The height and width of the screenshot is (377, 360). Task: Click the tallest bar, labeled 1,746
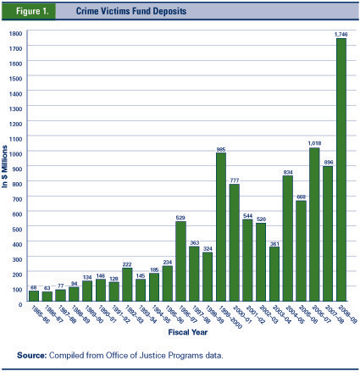click(x=341, y=169)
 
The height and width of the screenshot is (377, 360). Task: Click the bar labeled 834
click(x=287, y=238)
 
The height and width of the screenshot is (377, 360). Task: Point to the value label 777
click(x=234, y=180)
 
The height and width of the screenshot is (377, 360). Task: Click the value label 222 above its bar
click(x=127, y=263)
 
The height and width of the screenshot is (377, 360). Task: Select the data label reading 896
click(x=328, y=162)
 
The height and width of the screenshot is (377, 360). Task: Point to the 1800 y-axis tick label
click(x=14, y=32)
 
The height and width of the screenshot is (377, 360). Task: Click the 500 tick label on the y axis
click(x=16, y=223)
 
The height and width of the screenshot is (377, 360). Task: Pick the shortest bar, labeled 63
click(x=47, y=296)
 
